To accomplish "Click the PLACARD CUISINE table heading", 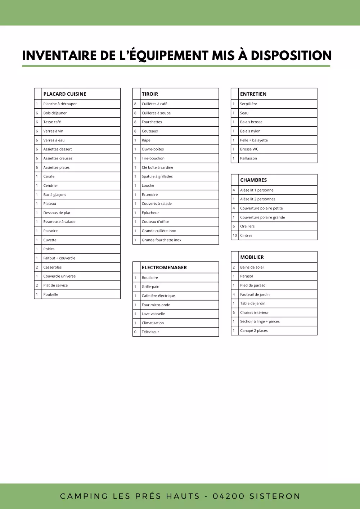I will point(65,94).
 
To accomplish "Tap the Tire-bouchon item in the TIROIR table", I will point(153,158).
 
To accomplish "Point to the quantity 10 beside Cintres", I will point(235,235).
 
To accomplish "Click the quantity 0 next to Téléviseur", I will point(135,332).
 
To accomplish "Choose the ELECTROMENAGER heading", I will point(164,267).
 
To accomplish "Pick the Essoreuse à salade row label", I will point(59,222).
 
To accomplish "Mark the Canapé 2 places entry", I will point(254,330).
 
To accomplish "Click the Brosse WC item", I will point(249,149).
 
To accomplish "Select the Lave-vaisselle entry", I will point(153,314).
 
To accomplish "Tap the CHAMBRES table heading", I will point(253,180).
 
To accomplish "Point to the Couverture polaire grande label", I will point(262,217).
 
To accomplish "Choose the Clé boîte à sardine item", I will point(157,167).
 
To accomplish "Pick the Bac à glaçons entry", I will point(55,195).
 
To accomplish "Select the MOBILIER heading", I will point(252,257).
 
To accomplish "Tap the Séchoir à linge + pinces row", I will point(260,321).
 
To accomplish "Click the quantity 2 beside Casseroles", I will point(37,267).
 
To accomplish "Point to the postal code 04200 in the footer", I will point(228,496).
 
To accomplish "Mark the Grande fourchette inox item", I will point(162,240).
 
